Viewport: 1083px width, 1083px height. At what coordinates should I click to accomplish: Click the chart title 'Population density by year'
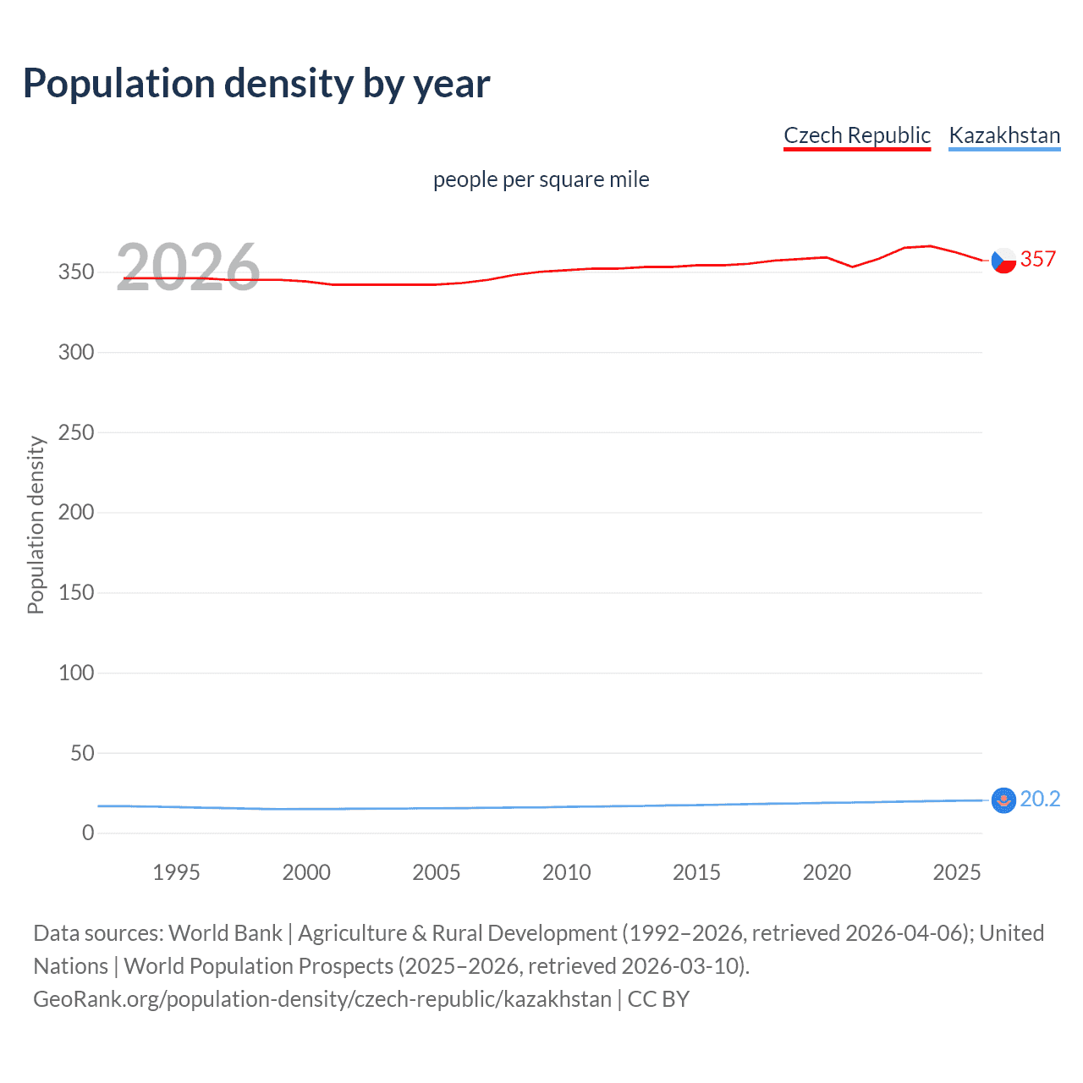(256, 84)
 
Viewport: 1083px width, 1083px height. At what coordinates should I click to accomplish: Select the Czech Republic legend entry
(856, 135)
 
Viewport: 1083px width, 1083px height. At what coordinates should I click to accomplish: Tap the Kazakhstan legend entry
(1004, 135)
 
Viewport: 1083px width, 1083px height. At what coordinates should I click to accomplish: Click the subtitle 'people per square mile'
(541, 179)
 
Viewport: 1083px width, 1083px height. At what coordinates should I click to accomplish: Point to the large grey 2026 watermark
(188, 267)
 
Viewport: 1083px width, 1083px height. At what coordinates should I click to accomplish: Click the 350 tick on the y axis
(76, 272)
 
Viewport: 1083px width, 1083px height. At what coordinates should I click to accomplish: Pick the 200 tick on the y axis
(76, 513)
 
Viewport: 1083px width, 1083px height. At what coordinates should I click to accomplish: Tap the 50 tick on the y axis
(82, 753)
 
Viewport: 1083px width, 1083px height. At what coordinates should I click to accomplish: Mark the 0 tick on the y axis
(88, 833)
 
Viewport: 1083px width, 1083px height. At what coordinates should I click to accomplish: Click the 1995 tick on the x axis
(176, 872)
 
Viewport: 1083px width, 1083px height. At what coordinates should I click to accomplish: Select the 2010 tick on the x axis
(566, 872)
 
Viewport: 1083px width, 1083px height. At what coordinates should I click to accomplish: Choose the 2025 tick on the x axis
(957, 872)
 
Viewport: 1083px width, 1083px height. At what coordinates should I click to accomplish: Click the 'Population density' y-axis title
(36, 525)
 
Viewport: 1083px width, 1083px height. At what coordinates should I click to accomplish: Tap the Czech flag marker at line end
(1003, 261)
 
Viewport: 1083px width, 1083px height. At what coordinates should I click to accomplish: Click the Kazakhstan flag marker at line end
(1003, 800)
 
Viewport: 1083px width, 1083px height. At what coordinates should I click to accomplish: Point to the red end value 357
(1038, 260)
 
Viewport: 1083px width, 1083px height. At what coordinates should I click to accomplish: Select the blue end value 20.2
(1040, 800)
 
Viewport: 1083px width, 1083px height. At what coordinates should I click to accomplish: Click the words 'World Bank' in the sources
(225, 933)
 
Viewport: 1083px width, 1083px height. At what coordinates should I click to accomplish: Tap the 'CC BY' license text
(658, 999)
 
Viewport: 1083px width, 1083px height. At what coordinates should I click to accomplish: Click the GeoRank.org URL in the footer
(322, 999)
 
